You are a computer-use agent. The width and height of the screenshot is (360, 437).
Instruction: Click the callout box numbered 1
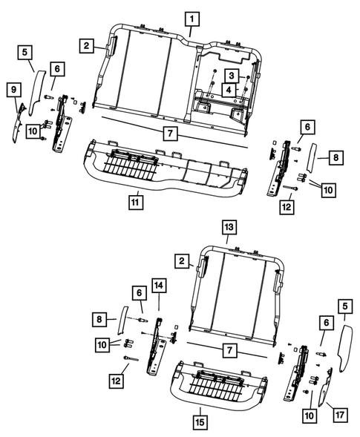click(x=192, y=17)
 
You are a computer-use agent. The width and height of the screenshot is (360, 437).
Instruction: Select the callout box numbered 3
click(x=232, y=76)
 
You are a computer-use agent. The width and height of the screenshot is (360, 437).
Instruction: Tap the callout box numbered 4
click(x=232, y=91)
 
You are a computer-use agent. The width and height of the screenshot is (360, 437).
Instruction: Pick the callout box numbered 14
click(x=158, y=284)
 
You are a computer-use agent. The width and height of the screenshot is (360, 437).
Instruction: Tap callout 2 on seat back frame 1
click(x=88, y=46)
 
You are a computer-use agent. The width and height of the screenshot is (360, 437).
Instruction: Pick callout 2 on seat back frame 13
click(x=180, y=260)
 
